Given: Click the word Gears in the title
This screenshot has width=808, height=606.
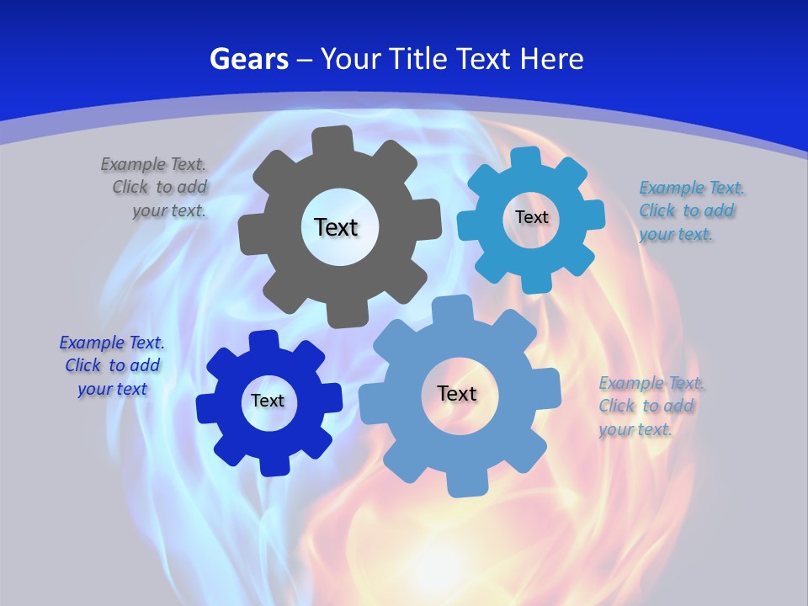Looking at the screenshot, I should point(248,59).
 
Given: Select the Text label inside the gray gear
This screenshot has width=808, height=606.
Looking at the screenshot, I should point(336,227).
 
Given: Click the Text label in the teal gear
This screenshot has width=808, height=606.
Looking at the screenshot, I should point(531,217).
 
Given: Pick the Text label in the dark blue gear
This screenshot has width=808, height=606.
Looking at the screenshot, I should point(267,401).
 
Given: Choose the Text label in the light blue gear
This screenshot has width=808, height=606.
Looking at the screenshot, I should point(457,394).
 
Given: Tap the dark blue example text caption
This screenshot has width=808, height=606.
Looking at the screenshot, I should point(112,366).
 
